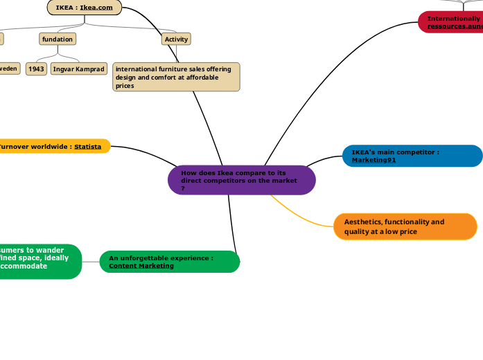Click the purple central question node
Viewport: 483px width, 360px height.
241,180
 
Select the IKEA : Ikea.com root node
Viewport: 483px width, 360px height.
85,8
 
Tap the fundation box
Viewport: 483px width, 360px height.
58,39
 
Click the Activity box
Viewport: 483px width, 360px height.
176,39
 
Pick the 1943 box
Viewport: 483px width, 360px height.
36,69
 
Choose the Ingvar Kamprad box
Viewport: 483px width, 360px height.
79,69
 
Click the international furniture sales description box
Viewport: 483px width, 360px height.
176,77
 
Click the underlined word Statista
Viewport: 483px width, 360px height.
88,147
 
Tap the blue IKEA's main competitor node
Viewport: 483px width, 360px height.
412,156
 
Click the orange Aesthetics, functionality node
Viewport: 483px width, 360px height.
405,226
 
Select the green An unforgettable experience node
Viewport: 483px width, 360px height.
169,262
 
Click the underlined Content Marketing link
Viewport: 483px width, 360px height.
141,266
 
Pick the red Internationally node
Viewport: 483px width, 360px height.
451,22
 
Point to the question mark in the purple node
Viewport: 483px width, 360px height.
183,188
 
